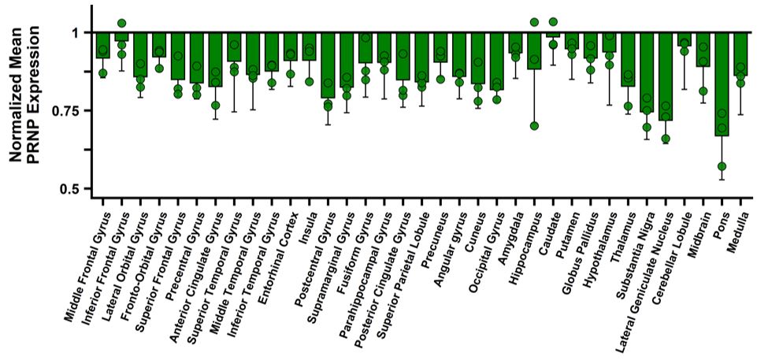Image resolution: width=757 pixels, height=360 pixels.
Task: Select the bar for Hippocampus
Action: coord(535,51)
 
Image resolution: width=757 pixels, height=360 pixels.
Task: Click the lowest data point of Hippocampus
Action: coord(535,126)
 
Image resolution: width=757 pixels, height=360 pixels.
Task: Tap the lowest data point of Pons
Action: coord(722,166)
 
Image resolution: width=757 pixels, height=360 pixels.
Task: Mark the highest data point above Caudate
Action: coord(553,21)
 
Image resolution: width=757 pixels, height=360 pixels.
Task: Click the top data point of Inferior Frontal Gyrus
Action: coord(121,23)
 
